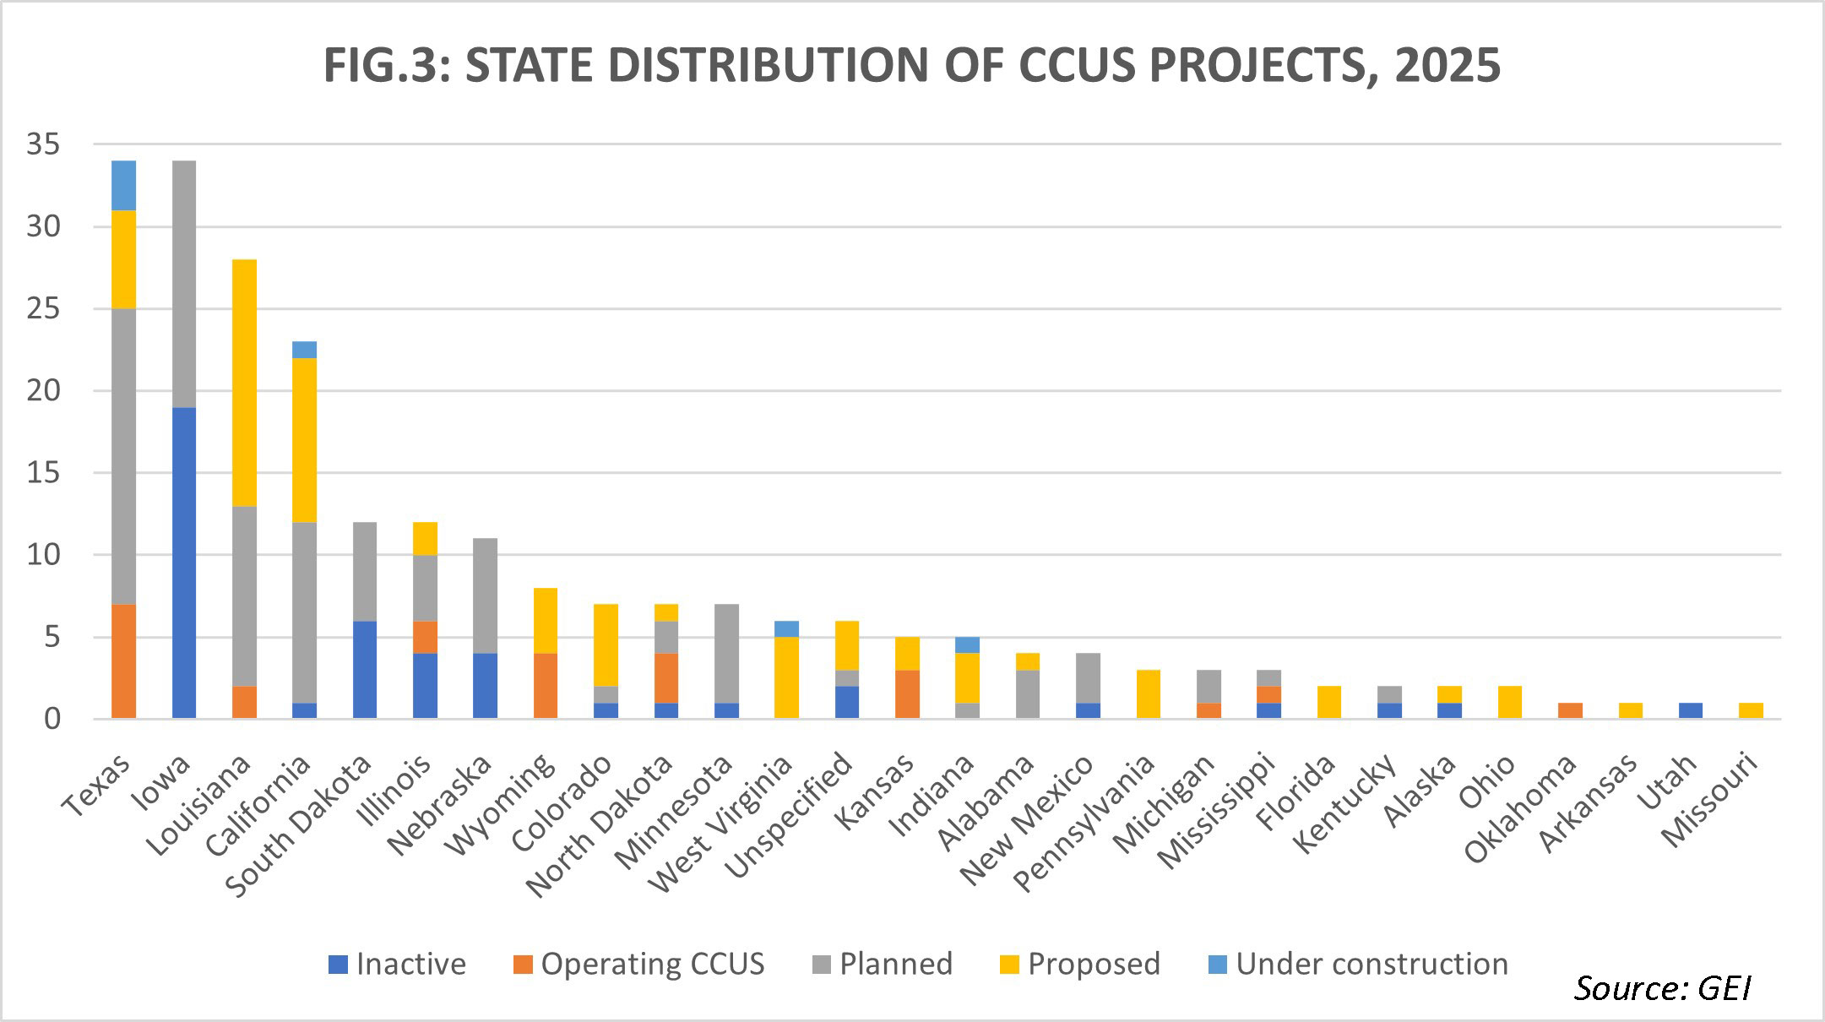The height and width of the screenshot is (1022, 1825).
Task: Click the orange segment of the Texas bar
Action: [123, 661]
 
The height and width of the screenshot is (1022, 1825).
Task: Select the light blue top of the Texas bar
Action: [123, 185]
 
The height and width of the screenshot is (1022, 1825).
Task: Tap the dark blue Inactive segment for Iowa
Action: [183, 563]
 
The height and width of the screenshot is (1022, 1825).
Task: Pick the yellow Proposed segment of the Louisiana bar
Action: [244, 383]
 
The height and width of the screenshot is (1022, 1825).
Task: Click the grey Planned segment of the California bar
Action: [304, 612]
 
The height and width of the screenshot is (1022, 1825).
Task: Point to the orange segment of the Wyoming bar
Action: [545, 686]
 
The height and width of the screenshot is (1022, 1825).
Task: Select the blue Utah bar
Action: [1690, 710]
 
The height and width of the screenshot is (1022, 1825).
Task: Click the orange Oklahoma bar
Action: [1570, 710]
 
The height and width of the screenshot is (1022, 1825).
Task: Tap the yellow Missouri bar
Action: [1751, 710]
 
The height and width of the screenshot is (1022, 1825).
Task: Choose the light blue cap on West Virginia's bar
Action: [786, 629]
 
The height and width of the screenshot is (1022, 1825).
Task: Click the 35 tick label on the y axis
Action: [43, 145]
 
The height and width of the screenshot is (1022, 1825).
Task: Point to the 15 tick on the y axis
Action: [43, 473]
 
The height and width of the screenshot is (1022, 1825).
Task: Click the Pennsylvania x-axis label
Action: [1084, 824]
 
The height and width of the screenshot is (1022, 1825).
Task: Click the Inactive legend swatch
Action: [338, 965]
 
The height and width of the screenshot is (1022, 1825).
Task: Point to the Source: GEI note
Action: [1662, 987]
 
